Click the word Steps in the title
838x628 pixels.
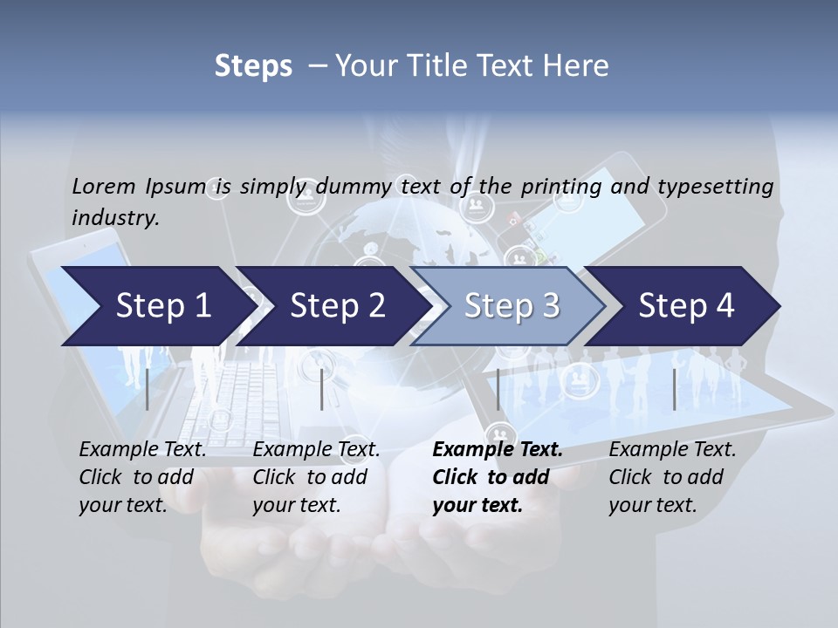tap(253, 65)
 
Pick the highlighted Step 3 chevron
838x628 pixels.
tap(512, 305)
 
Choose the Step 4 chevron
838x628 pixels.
tap(686, 305)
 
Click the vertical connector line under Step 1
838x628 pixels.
tap(148, 389)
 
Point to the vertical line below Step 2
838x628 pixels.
tap(322, 389)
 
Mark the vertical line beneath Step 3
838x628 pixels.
tap(498, 389)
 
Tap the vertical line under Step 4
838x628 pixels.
tap(674, 389)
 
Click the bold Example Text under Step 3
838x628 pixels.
tap(498, 450)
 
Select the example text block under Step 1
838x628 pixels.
tap(142, 477)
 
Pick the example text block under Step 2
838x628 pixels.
tap(316, 477)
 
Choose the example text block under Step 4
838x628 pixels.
tap(672, 477)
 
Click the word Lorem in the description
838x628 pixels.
tap(104, 187)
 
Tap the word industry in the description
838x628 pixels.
tap(114, 218)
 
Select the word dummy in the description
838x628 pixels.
tap(355, 187)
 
